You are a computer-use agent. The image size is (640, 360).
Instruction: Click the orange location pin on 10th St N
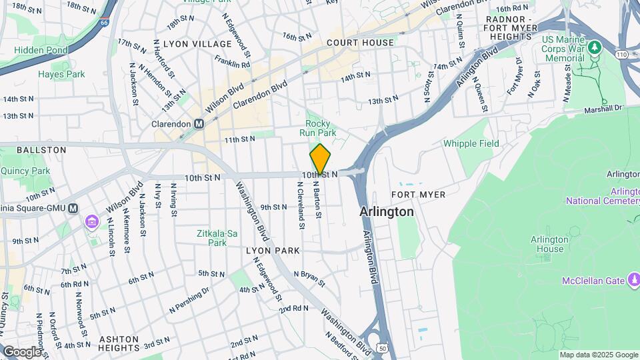[x=320, y=159]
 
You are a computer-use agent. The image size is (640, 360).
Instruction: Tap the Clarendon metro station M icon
[x=199, y=124]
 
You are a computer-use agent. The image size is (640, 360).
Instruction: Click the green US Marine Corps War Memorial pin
[x=594, y=48]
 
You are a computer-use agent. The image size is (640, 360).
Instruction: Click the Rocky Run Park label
[x=321, y=128]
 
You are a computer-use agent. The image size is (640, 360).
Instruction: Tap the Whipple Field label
[x=471, y=143]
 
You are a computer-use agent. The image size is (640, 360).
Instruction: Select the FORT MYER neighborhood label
[x=418, y=194]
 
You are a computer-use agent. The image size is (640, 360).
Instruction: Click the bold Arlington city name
[x=387, y=211]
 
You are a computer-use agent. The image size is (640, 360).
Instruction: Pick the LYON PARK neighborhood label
[x=273, y=251]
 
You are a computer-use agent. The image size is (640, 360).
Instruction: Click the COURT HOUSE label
[x=360, y=43]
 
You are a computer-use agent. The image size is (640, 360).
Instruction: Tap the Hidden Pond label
[x=41, y=51]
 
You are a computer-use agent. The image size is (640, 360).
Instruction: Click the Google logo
[x=21, y=351]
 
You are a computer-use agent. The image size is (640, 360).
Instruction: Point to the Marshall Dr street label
[x=603, y=108]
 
